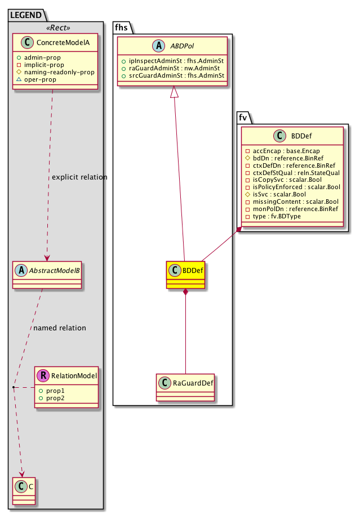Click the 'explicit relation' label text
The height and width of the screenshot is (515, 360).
79,177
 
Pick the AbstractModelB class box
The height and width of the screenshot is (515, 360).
48,274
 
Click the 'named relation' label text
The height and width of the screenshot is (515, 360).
60,328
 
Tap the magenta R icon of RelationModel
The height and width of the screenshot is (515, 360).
41,375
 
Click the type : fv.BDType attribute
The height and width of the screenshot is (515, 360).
276,216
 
